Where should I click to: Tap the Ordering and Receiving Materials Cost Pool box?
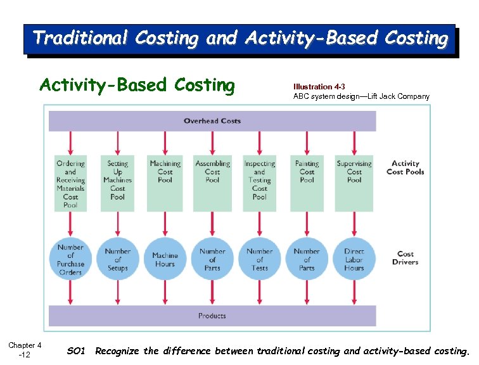click(x=70, y=183)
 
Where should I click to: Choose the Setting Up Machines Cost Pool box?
click(x=118, y=183)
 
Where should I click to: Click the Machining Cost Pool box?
click(x=165, y=183)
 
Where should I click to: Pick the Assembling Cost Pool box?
click(x=212, y=183)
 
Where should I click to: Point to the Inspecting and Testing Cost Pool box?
click(x=260, y=183)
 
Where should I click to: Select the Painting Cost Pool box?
click(x=307, y=183)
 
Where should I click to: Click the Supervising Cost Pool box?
click(x=354, y=183)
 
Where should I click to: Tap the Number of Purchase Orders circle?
click(x=70, y=259)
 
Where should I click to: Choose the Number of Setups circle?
click(x=118, y=259)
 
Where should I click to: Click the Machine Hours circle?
click(x=165, y=259)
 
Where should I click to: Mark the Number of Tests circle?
click(x=260, y=259)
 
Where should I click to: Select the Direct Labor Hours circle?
click(x=354, y=259)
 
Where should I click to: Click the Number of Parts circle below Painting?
click(x=307, y=259)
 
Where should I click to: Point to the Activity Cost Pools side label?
click(x=405, y=167)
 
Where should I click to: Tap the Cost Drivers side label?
click(x=405, y=257)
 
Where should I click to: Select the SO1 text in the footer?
click(x=75, y=350)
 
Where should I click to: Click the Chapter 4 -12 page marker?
click(x=25, y=350)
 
